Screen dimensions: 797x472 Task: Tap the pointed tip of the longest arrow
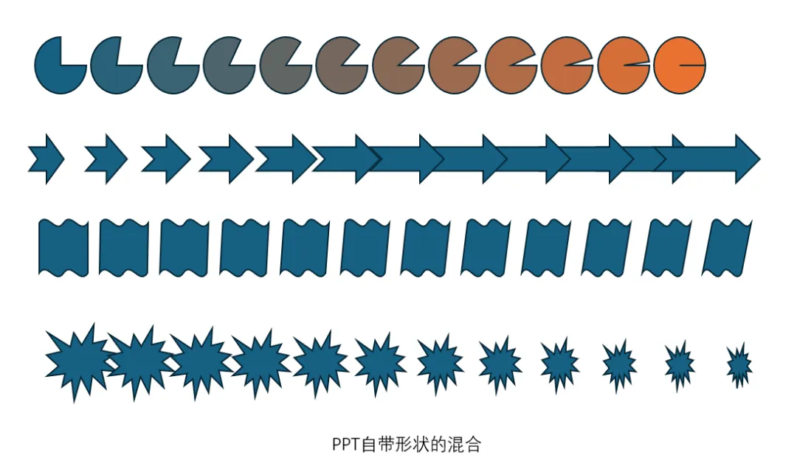click(x=758, y=158)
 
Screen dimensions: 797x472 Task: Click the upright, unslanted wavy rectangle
click(x=63, y=248)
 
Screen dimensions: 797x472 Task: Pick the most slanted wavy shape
click(x=726, y=248)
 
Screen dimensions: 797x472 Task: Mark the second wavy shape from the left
click(x=123, y=248)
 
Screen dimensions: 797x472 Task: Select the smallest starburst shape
click(x=739, y=364)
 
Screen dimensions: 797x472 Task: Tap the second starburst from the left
click(x=137, y=361)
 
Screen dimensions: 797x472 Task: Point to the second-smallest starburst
click(x=679, y=363)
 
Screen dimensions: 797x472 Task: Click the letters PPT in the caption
click(x=345, y=445)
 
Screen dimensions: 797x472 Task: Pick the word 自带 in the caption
click(x=373, y=445)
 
